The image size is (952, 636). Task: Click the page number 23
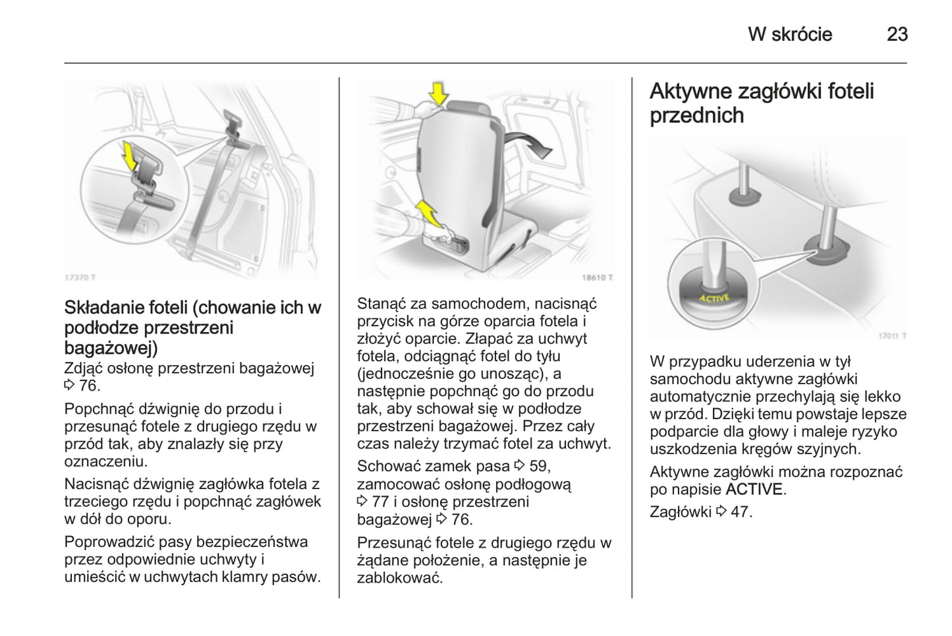click(897, 34)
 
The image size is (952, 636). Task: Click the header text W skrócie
click(790, 34)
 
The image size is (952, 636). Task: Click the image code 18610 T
click(597, 277)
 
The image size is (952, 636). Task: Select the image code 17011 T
click(892, 336)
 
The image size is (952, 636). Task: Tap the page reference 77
click(380, 502)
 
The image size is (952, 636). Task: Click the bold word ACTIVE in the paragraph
click(754, 490)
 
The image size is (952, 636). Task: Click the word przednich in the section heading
click(696, 115)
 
